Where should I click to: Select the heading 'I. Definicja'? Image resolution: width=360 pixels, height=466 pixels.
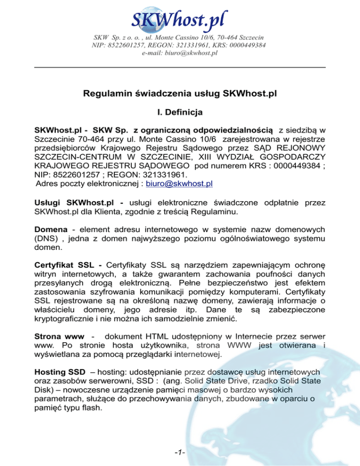[x=180, y=113]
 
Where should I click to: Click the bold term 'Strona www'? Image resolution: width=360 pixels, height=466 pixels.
[x=59, y=337]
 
